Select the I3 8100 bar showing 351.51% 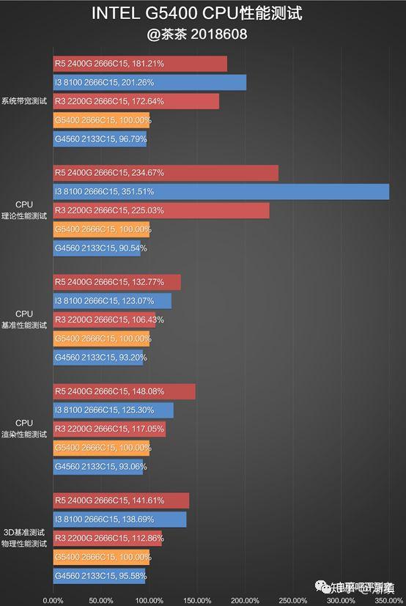pos(221,192)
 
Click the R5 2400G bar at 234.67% pos(166,173)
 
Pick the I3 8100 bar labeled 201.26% pos(150,82)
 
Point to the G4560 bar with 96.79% pos(100,139)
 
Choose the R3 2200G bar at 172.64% pos(136,101)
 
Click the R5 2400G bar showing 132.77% pos(117,282)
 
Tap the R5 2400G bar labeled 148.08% pos(124,391)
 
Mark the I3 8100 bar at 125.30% pos(113,410)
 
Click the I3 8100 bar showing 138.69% pos(119,520)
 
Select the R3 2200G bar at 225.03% pos(161,211)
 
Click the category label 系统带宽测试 pos(24,101)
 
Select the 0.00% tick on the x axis pos(53,600)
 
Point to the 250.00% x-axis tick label pos(292,600)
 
